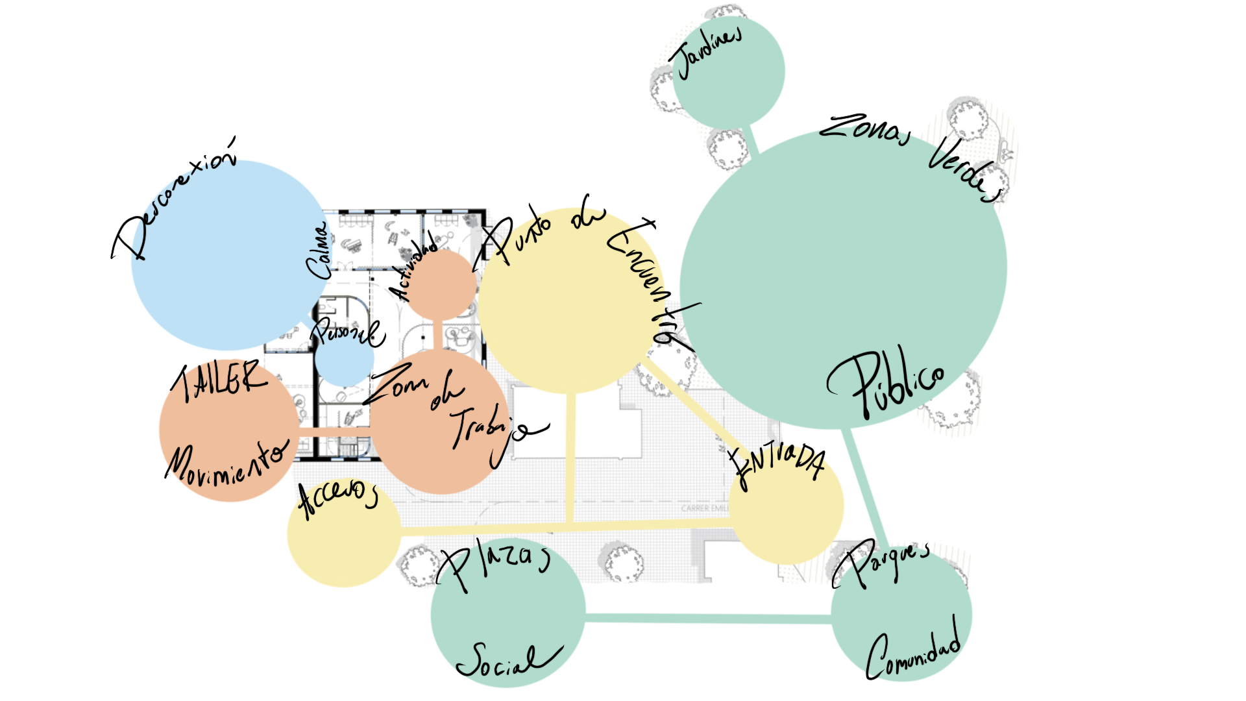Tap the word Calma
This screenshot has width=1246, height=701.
coord(319,252)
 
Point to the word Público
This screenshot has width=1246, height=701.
coord(886,383)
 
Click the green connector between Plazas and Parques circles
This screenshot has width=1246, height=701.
coord(707,619)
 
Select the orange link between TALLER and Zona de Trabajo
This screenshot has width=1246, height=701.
coord(334,428)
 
